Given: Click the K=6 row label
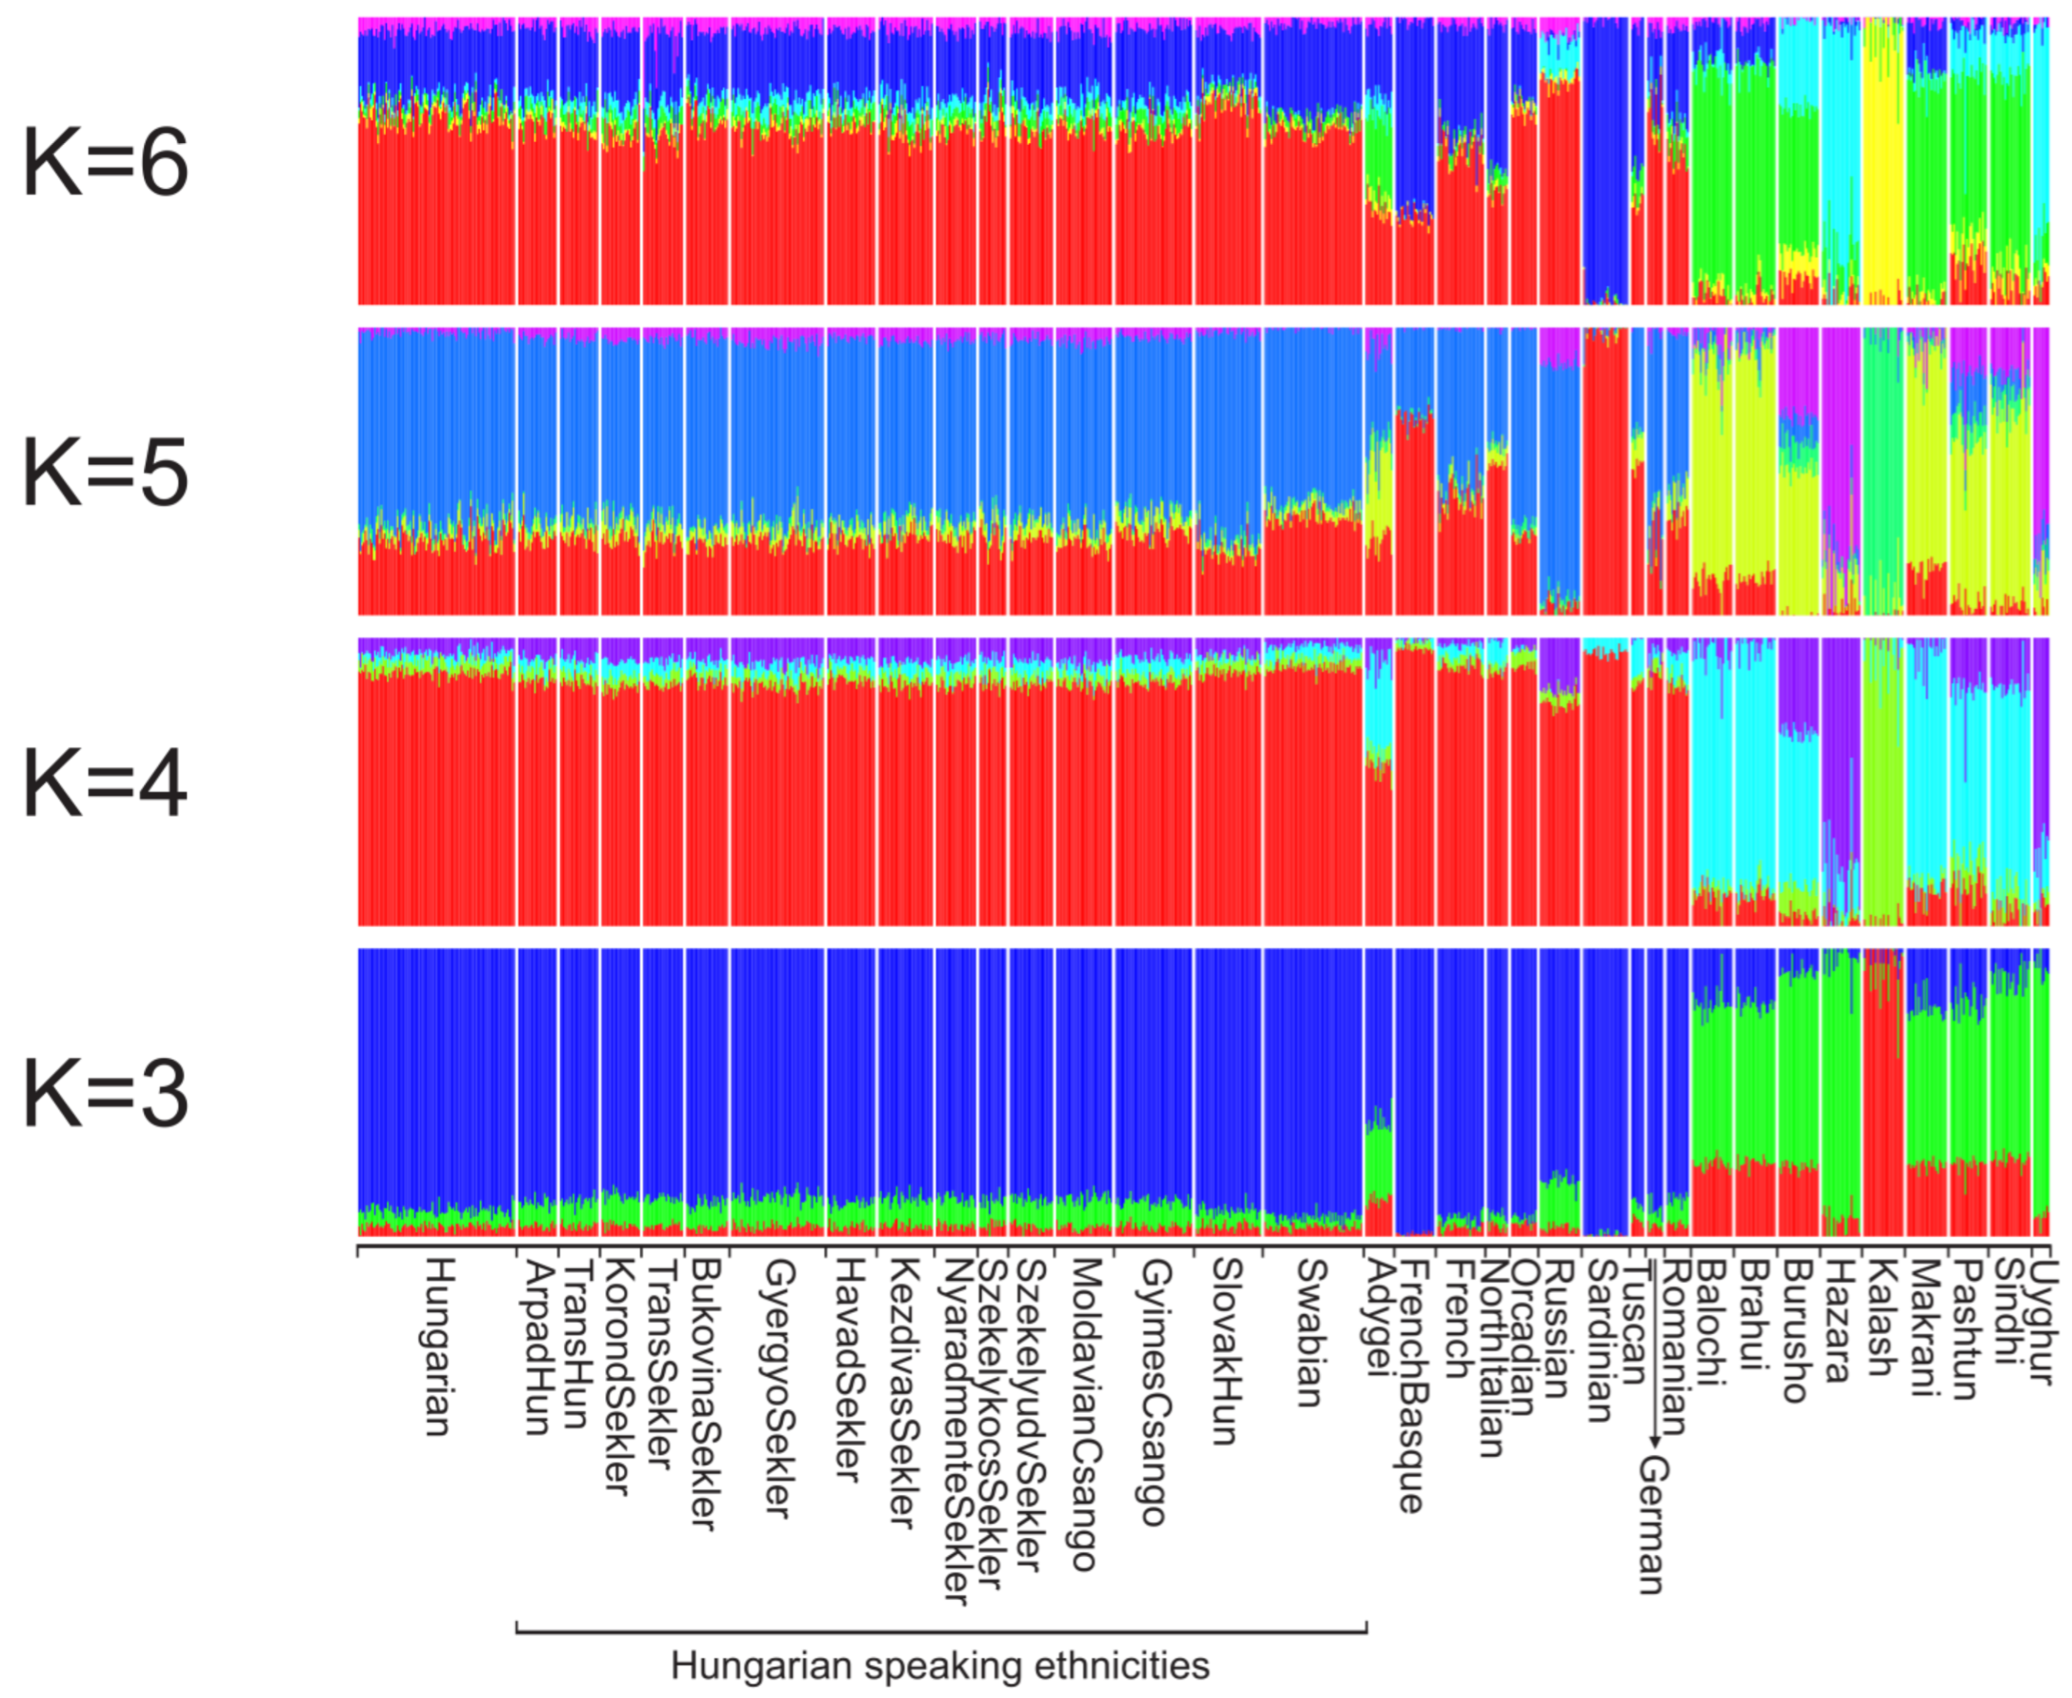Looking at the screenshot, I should click(106, 162).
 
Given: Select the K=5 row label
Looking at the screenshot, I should click(106, 474).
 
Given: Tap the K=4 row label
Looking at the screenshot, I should click(106, 784).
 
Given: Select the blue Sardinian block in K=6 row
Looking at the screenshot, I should click(1604, 156).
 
